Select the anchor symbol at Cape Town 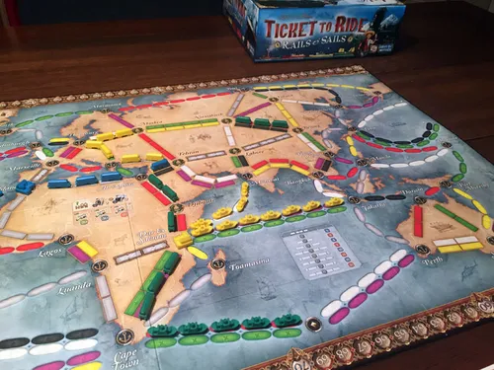pos(123,337)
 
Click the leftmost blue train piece pos(24,186)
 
